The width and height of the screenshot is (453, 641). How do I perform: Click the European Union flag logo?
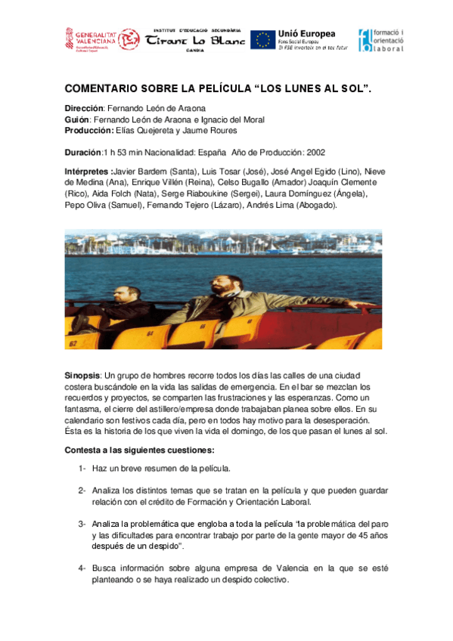tap(262, 40)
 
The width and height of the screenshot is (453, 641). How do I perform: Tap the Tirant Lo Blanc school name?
tap(195, 40)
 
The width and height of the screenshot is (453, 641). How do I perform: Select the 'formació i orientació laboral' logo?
tap(381, 40)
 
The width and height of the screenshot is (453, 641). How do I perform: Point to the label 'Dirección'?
tap(84, 109)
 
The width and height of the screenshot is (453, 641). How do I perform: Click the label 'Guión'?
tap(77, 119)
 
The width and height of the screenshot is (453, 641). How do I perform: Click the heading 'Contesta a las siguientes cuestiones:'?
tap(129, 451)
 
